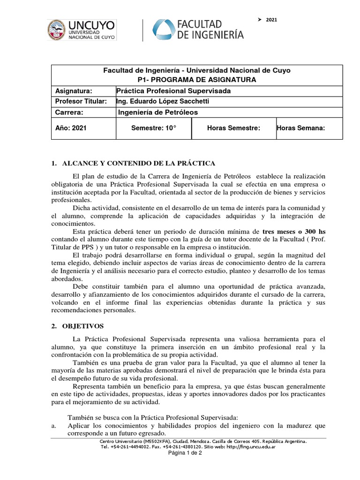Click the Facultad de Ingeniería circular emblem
coord(162,30)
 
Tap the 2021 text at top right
coord(271,19)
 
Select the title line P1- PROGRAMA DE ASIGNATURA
coord(196,80)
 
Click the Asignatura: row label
coord(74,90)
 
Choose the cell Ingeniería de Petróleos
coord(158,112)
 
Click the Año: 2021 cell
coord(71,128)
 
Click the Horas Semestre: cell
coord(233,128)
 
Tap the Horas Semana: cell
coord(300,128)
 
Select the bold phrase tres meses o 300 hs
coord(294,232)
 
